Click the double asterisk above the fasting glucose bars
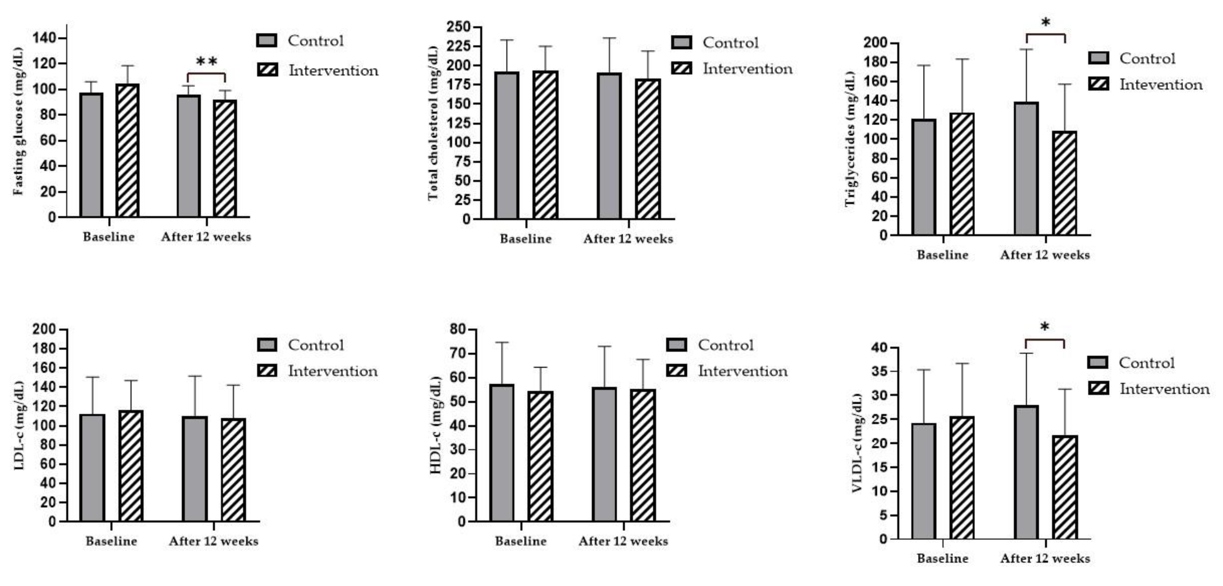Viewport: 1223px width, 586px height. point(207,62)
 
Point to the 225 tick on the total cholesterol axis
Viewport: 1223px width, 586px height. point(458,46)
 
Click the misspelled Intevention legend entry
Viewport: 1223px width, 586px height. point(1161,85)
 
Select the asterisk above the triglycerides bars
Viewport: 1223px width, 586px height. point(1045,23)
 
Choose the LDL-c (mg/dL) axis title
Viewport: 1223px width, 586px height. point(19,425)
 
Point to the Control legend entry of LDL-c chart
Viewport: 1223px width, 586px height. point(315,345)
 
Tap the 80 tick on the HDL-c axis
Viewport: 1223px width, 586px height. point(458,329)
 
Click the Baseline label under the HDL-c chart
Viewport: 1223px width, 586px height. point(521,542)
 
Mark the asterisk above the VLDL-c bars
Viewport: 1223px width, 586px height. point(1045,327)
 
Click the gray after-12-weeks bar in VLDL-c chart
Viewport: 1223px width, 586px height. point(1026,472)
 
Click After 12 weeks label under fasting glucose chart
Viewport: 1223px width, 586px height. point(206,237)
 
